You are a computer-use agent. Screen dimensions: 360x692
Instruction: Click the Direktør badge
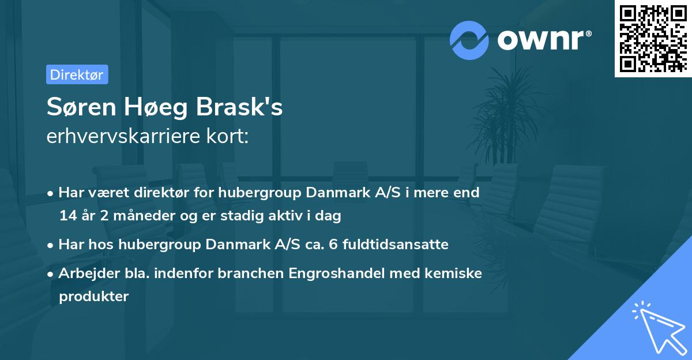tap(77, 74)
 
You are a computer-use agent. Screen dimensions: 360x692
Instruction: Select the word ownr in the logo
tap(543, 40)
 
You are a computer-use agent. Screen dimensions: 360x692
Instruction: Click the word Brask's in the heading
tap(239, 108)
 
